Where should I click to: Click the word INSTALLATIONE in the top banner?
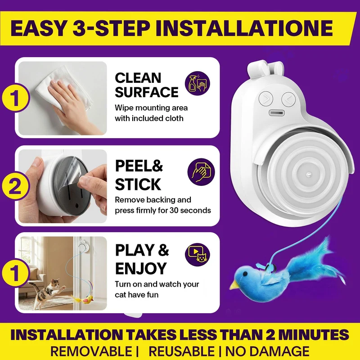tap(244, 28)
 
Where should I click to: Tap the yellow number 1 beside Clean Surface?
tap(16, 98)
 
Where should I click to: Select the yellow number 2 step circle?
tap(16, 186)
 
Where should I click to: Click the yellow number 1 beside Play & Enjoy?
tap(16, 273)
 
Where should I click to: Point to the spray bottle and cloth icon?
tap(198, 83)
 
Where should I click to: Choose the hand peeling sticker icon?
tap(201, 172)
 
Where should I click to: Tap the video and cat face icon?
tap(198, 255)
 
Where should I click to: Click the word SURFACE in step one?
tap(147, 92)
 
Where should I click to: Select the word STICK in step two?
tap(138, 184)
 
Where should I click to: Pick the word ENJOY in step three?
tap(141, 268)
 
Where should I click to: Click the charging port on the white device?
tap(277, 113)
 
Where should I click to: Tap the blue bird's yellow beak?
tap(235, 285)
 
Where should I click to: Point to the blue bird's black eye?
tap(245, 274)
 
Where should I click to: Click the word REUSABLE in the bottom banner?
tap(181, 351)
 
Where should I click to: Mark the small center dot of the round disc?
tap(309, 175)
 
